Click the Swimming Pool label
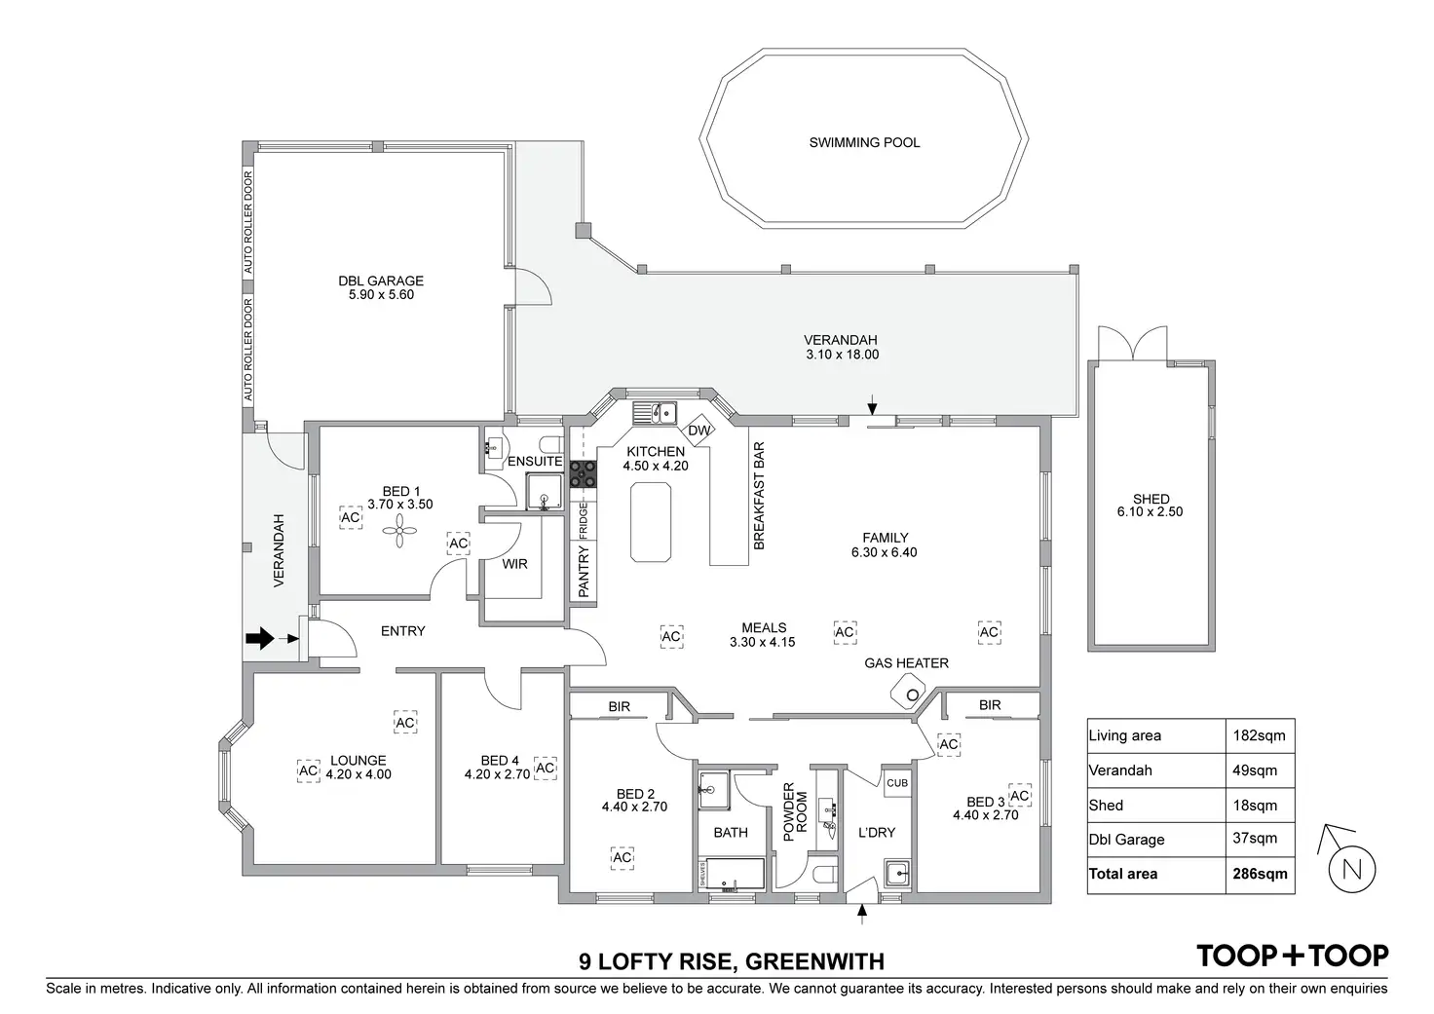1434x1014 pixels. coord(864,142)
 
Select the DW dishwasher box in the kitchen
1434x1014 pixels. coord(699,431)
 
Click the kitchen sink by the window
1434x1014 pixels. coord(654,413)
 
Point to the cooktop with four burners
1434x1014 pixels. coord(583,473)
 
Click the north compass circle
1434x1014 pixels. coord(1351,870)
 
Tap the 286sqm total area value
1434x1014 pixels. coord(1260,874)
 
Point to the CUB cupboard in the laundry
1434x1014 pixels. coord(896,783)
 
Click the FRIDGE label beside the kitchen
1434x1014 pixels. coord(584,521)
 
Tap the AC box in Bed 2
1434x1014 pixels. coord(622,856)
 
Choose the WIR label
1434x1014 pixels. coord(514,563)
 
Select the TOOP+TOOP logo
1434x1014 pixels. coord(1292,956)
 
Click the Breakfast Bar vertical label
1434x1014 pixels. coord(759,496)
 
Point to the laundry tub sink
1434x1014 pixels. coord(897,872)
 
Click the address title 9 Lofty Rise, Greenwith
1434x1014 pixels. coord(731,962)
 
